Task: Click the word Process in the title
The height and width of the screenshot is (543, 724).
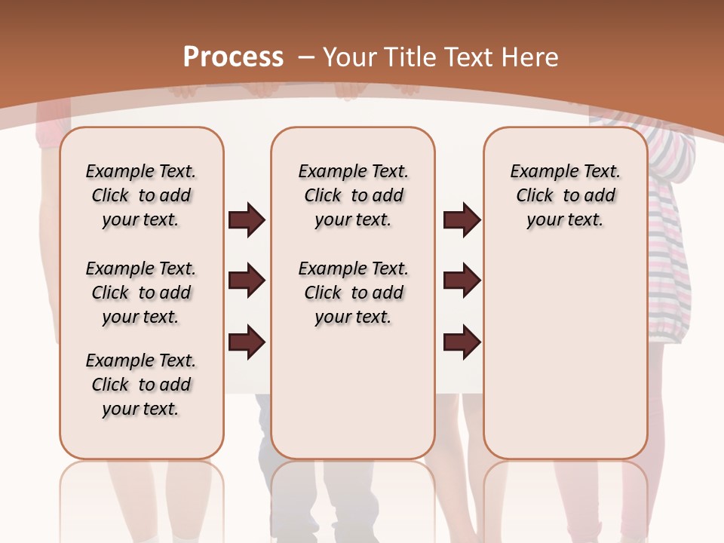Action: (233, 57)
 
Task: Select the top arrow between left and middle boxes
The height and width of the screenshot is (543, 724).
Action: (247, 220)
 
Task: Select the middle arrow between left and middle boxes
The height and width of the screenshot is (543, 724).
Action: (247, 281)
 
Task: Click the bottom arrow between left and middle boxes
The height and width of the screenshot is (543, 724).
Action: (247, 342)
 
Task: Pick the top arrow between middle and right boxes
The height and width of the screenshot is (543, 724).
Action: (462, 220)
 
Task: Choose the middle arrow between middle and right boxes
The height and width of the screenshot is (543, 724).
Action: (462, 281)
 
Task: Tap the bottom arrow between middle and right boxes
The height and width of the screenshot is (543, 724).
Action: (462, 342)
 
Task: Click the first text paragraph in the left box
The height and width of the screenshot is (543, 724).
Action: (141, 195)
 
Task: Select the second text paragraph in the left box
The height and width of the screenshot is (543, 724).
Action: (141, 293)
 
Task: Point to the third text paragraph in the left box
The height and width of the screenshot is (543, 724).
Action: (141, 385)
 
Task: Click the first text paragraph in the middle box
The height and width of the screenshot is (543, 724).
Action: (353, 195)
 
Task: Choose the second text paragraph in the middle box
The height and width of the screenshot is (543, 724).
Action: (353, 293)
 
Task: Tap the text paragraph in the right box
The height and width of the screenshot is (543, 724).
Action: (565, 195)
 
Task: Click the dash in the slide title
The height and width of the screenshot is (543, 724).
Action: (306, 57)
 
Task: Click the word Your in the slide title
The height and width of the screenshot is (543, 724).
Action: (351, 57)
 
